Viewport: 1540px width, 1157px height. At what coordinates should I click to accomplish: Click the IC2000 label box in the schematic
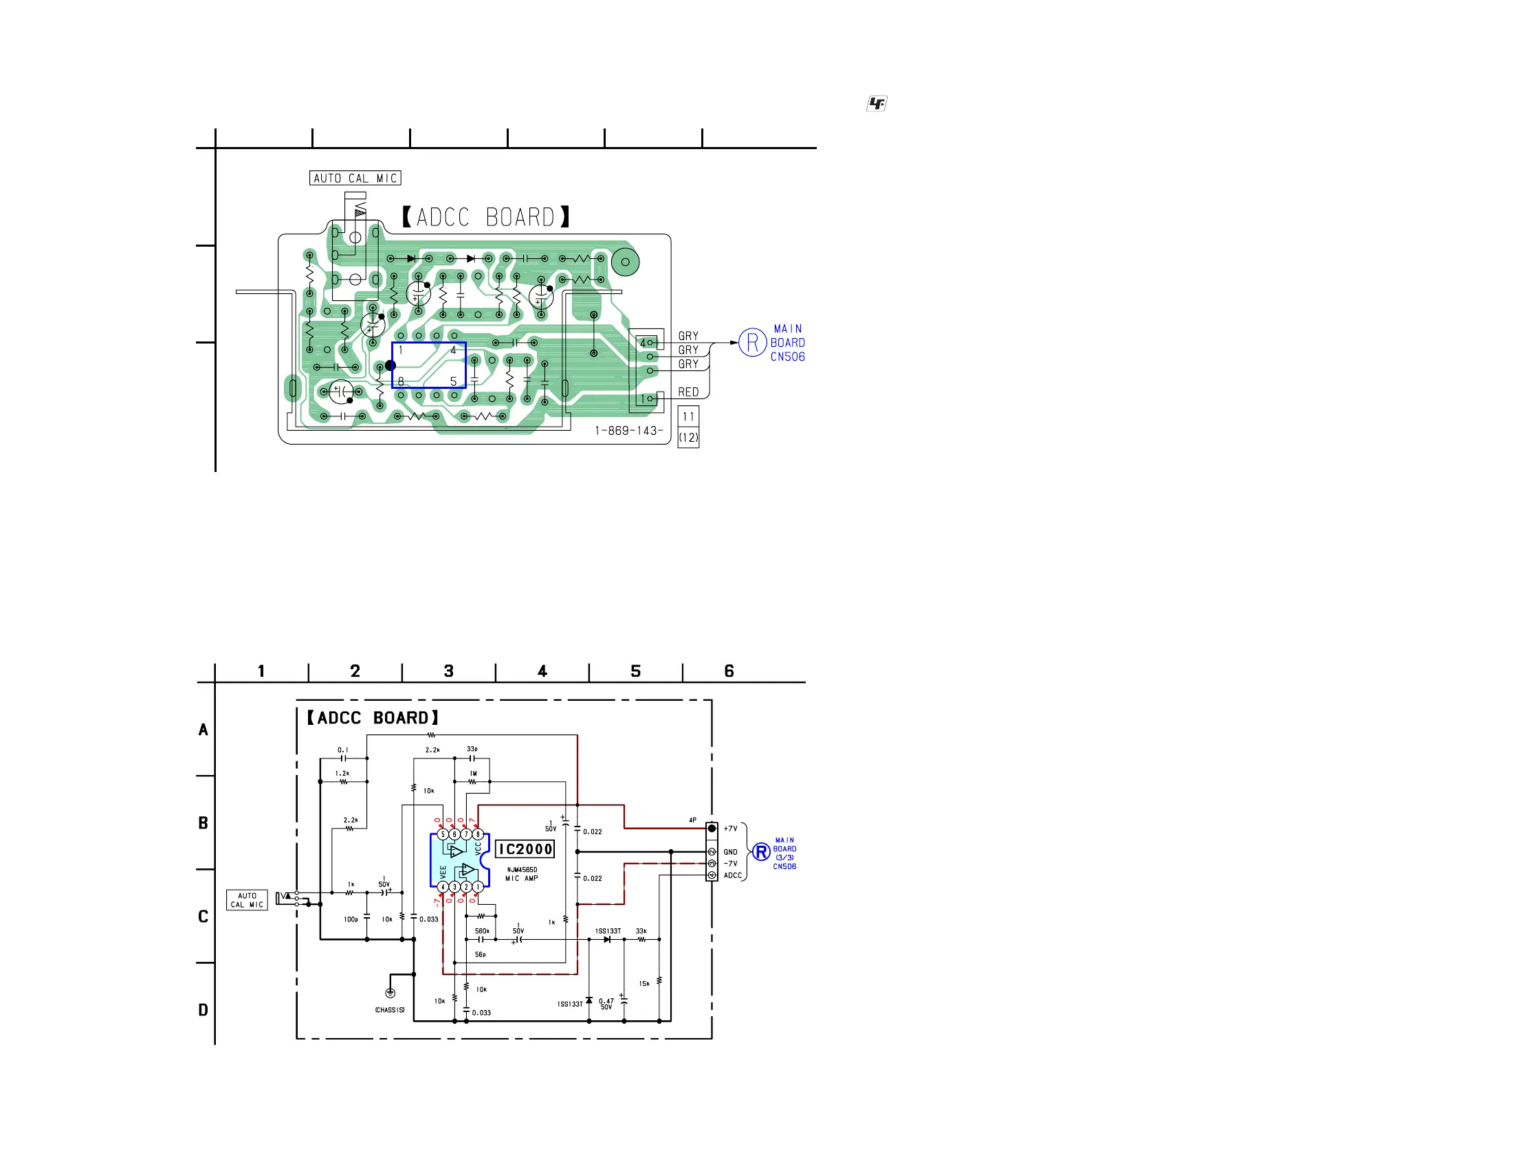[525, 849]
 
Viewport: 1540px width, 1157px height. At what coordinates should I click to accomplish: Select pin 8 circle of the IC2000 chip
[478, 834]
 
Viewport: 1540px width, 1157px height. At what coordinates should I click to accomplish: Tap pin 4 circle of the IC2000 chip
[442, 887]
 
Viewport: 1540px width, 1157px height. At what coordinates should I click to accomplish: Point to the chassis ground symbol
[390, 993]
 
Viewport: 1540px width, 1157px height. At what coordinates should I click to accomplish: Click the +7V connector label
[730, 829]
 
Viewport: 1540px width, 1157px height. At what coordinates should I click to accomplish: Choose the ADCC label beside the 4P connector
[732, 875]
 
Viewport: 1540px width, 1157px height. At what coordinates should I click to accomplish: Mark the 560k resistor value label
[482, 931]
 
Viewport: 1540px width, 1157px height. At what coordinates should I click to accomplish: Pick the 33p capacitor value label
[472, 750]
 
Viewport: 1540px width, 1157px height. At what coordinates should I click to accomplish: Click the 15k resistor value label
[644, 984]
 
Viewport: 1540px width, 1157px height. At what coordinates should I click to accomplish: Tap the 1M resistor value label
[474, 774]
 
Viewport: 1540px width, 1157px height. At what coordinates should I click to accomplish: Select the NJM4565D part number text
[521, 870]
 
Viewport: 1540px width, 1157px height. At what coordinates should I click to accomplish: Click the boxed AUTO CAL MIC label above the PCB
[355, 179]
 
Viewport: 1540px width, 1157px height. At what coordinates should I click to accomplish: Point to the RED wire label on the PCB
[688, 392]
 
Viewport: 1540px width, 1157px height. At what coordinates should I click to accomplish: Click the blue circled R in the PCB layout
[752, 342]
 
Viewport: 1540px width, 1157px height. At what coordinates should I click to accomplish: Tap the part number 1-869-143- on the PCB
[628, 431]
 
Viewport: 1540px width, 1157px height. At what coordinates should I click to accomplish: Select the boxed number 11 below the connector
[688, 417]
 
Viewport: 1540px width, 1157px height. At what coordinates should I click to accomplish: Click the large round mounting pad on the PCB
[625, 262]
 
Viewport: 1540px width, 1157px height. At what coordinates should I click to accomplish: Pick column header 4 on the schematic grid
[542, 671]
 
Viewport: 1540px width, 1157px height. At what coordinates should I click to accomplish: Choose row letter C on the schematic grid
[203, 917]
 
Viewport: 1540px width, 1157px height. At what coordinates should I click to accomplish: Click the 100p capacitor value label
[351, 920]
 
